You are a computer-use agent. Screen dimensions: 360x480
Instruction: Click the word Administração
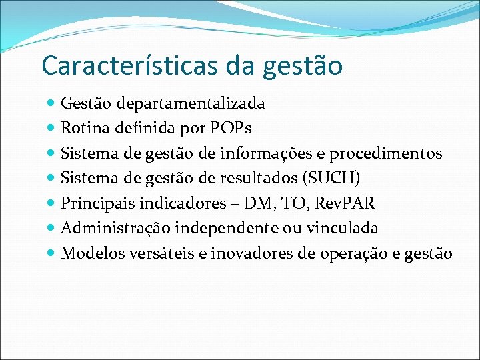point(115,228)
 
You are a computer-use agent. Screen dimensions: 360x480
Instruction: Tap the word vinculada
point(342,228)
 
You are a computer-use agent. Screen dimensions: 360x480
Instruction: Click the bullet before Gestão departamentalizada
point(52,104)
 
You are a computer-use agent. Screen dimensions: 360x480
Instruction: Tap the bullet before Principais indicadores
point(52,204)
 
